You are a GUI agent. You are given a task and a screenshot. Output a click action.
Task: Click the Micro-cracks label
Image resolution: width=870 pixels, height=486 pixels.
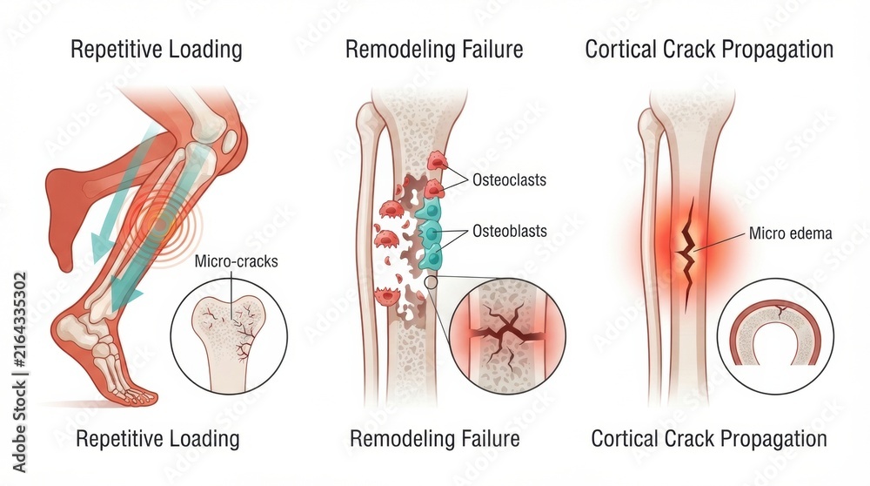[x=236, y=261]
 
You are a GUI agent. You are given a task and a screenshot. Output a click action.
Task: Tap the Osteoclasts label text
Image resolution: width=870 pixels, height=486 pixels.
[x=509, y=180]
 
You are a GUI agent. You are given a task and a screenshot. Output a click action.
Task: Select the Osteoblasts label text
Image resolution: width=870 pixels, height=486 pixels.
[x=509, y=231]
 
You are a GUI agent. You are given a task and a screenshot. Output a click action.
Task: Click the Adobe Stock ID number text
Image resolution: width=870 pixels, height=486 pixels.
[x=20, y=316]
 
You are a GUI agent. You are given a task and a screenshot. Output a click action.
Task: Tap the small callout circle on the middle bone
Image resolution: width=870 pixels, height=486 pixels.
[x=431, y=283]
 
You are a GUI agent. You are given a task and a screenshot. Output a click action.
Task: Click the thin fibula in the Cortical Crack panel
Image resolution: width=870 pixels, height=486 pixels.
[x=647, y=250]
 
